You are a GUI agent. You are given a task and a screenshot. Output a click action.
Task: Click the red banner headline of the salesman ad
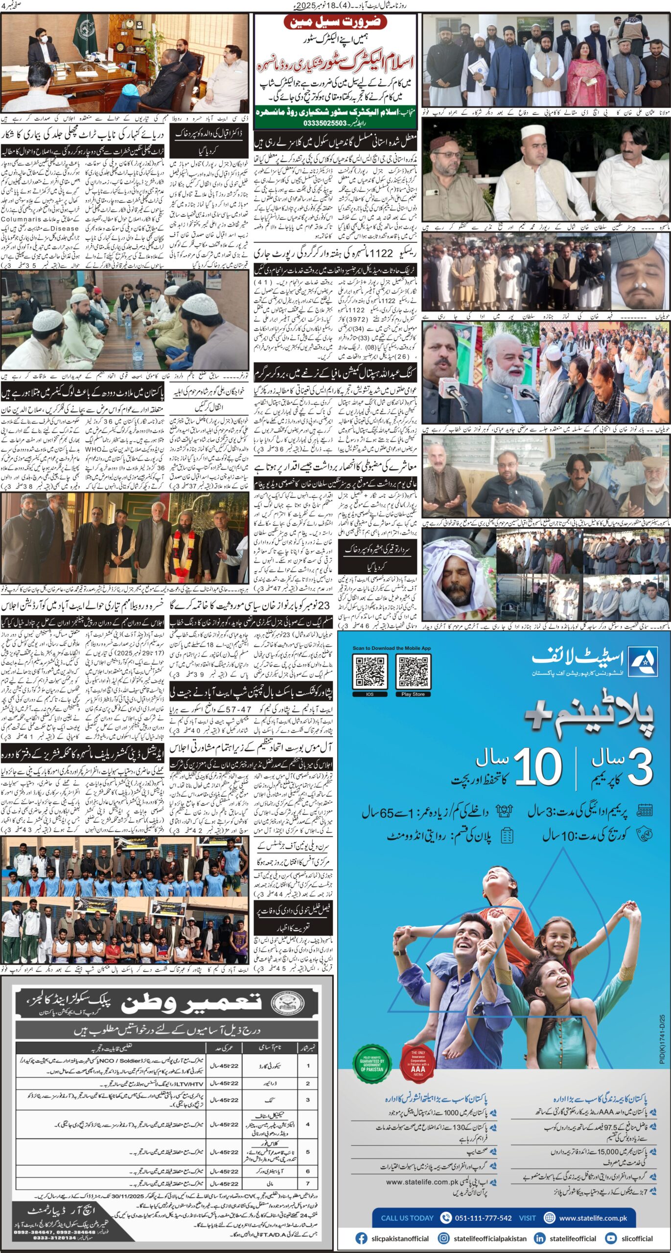(x=336, y=23)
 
